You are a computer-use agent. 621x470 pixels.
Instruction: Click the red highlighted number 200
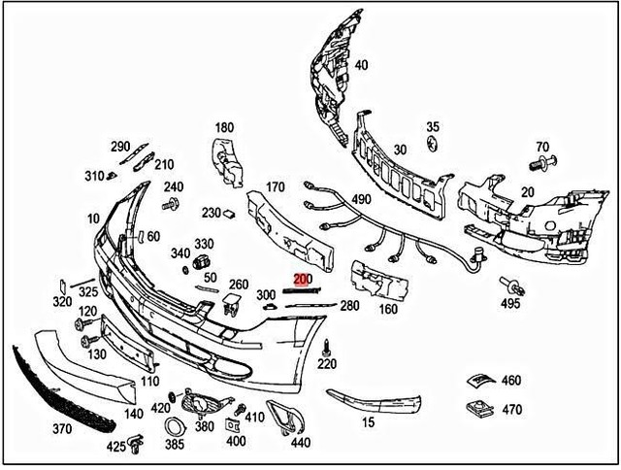tap(304, 280)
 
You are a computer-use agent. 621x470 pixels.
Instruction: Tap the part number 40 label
tap(361, 66)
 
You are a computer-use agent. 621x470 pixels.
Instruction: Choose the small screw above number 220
tap(327, 346)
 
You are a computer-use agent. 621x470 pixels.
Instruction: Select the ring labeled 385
tap(174, 427)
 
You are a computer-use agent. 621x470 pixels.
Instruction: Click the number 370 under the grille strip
tap(62, 428)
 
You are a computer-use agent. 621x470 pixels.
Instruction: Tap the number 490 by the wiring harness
tap(361, 200)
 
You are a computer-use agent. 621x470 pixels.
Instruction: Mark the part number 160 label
tap(388, 311)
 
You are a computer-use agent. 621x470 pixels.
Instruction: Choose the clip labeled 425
tap(138, 446)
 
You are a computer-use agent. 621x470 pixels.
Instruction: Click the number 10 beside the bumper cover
tap(93, 218)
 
